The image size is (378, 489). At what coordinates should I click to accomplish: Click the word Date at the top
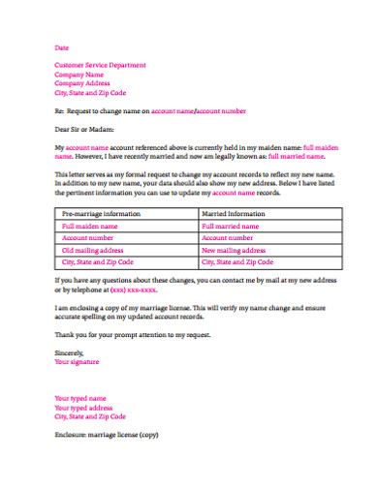coord(62,47)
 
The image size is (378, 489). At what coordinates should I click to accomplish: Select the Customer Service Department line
coord(101,66)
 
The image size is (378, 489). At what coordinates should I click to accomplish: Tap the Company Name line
coord(79,75)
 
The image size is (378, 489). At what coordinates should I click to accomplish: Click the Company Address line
coord(83,84)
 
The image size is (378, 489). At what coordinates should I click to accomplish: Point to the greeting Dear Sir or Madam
coord(84,128)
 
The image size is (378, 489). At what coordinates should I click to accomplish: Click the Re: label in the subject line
coord(59,111)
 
